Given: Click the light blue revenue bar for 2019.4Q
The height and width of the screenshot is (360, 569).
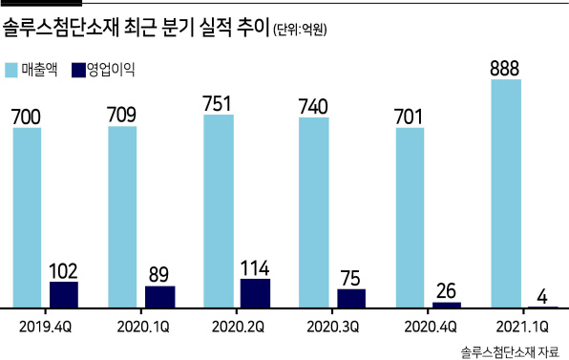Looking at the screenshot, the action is point(28,218).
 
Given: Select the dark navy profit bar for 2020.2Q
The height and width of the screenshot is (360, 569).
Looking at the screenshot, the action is point(256,293).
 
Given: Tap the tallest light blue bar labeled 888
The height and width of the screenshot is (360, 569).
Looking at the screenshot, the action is point(506,194).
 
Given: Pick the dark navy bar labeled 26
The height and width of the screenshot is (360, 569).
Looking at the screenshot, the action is point(447,305).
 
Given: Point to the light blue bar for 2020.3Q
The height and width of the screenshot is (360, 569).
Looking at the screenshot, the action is point(314,213).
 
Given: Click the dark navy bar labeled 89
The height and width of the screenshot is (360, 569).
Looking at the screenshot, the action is point(160,297).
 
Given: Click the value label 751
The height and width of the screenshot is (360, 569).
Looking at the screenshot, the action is point(217,104).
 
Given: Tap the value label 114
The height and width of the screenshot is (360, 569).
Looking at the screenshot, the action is point(255,268).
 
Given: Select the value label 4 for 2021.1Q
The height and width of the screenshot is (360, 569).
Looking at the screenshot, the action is point(542,297).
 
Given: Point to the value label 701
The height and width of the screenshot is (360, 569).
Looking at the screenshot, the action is point(409,116).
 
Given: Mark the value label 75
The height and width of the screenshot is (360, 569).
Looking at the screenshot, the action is point(350,279).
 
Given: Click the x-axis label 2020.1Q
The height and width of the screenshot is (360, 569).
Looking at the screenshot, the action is point(143,327).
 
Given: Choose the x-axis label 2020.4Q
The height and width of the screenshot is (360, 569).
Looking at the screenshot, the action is point(430,327).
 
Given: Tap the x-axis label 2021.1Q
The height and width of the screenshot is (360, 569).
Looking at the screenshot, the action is point(522,327).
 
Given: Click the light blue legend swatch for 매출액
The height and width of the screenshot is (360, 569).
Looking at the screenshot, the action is point(11,70).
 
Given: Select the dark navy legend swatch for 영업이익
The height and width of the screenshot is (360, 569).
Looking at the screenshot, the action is point(78,70).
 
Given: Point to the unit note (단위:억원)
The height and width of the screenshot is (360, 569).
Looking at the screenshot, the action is point(300,30).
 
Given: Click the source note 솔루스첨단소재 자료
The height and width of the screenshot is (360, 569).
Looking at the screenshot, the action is point(510,351).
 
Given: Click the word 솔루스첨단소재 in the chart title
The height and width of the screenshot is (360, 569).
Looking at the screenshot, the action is point(61,28).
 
